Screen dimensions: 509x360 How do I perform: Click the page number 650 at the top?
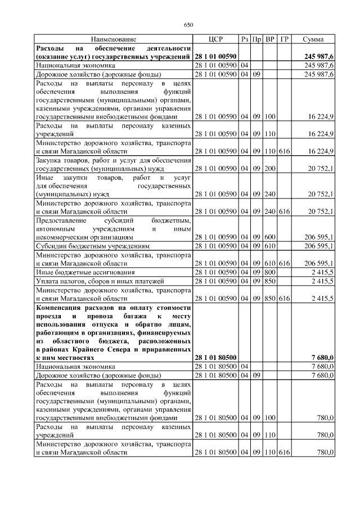(188, 25)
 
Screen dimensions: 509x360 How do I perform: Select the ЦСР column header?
(215, 39)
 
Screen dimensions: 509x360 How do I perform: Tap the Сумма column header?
(313, 39)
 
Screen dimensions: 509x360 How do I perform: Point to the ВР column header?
(270, 39)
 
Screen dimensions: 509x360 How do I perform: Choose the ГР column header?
(284, 39)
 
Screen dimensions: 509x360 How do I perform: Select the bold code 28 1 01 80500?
(215, 357)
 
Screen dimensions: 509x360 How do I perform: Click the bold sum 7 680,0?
(323, 357)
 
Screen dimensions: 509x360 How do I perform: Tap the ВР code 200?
(270, 168)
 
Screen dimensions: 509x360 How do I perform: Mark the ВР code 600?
(270, 237)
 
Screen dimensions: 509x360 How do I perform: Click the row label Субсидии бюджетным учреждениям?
(93, 246)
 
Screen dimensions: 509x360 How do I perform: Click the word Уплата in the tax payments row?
(48, 281)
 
